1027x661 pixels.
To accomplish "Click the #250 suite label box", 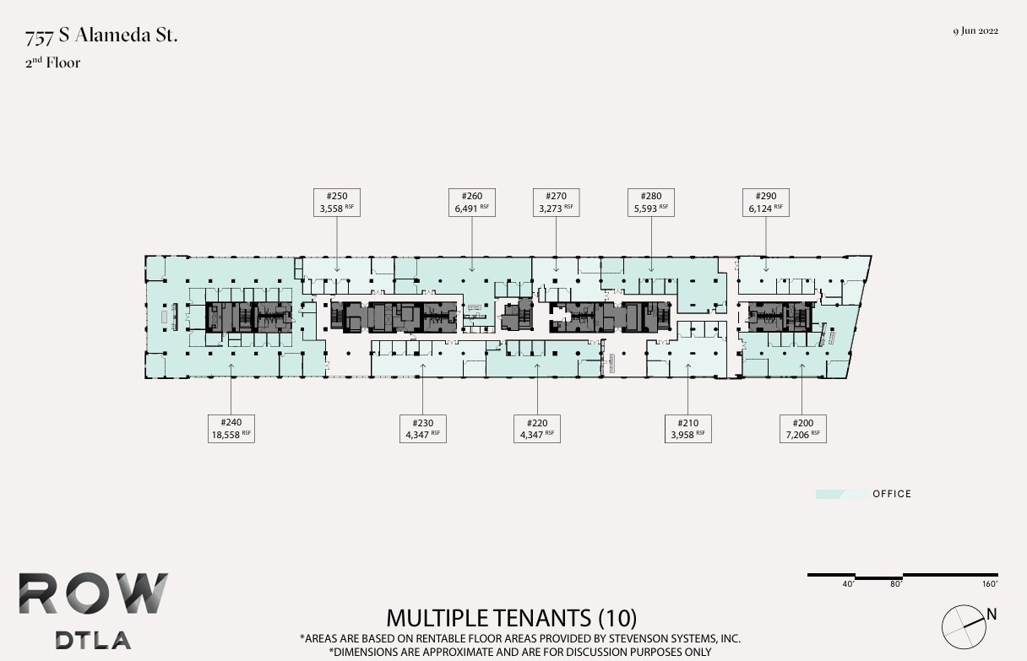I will (336, 202).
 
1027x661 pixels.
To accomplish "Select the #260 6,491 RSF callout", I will (472, 202).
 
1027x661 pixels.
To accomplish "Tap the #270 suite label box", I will (557, 202).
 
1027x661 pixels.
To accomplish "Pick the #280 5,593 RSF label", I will (651, 202).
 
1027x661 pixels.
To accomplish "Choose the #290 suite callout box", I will (766, 202).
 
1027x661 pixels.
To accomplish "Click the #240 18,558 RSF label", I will (231, 428).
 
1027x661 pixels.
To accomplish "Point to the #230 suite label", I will (422, 428).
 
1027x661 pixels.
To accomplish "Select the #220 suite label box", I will (537, 428).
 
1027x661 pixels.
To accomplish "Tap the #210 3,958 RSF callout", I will (687, 428).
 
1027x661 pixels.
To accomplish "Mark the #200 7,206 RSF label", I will (802, 428).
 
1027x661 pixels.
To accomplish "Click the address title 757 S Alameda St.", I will (101, 36).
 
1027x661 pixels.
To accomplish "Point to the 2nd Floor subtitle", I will (52, 62).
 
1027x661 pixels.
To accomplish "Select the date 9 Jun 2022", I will (975, 31).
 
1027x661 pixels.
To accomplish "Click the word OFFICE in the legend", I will (892, 494).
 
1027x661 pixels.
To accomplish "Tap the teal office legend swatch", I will (840, 494).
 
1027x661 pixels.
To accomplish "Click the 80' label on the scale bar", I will (896, 584).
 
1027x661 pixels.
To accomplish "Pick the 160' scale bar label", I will (990, 584).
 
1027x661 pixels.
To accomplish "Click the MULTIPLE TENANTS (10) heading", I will (512, 618).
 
